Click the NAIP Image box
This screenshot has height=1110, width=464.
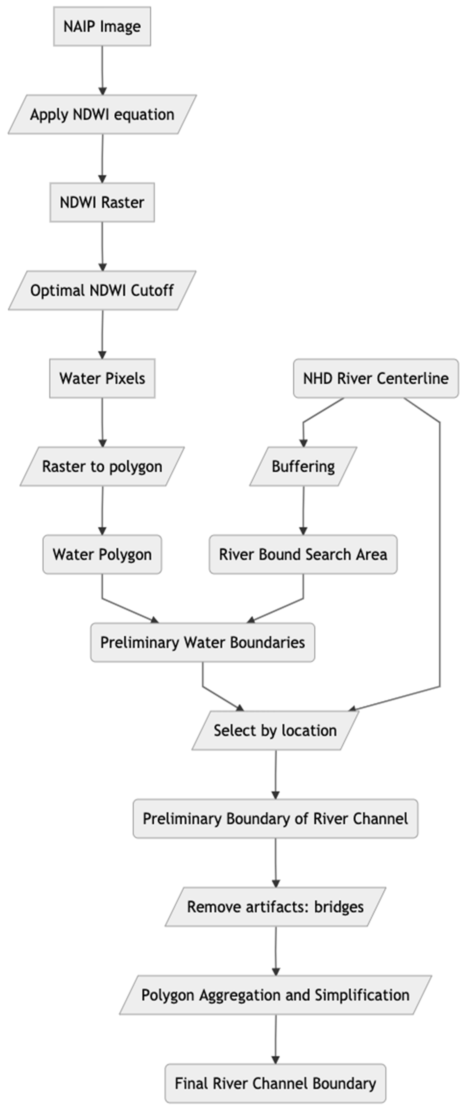102,26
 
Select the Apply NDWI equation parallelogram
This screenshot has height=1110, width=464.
102,115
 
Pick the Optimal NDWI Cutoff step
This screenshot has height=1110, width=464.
102,290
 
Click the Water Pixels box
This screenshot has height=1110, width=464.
102,378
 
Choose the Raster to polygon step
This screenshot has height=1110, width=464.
102,467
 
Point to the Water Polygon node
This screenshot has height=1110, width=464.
102,555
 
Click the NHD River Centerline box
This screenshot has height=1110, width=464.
376,378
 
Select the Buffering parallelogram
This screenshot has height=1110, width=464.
303,467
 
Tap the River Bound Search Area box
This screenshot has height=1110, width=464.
303,555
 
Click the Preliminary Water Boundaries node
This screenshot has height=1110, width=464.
202,642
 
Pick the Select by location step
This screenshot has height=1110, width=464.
275,731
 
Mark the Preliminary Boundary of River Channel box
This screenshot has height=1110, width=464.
275,819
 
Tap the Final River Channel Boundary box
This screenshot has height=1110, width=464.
275,1083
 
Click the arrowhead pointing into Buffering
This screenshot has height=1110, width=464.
303,443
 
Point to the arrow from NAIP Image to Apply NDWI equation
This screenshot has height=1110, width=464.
102,69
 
